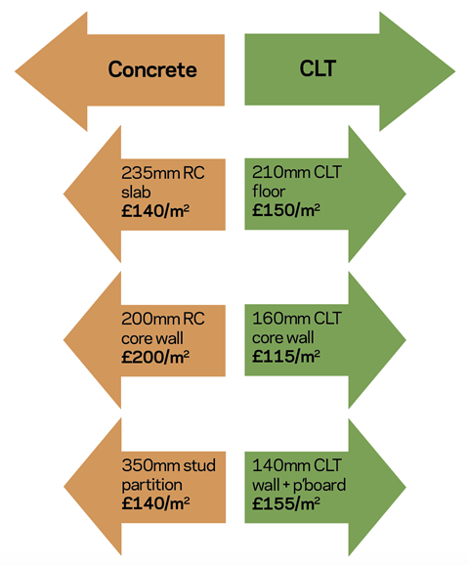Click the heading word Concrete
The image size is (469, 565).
tap(152, 69)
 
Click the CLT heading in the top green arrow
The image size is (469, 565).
tap(318, 68)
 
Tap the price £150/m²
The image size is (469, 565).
tap(286, 210)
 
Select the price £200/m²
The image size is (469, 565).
tap(155, 357)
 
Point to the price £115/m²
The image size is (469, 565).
tap(286, 356)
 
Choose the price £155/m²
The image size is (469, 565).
tap(286, 503)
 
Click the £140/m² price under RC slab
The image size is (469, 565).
tap(155, 210)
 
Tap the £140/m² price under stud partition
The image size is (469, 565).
tap(155, 503)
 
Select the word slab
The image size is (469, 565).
tap(136, 192)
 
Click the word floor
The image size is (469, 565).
tap(269, 191)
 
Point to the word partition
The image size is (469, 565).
tap(151, 485)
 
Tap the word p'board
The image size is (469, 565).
tap(320, 485)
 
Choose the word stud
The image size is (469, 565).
tap(199, 465)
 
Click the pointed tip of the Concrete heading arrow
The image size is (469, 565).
tap(15, 71)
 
